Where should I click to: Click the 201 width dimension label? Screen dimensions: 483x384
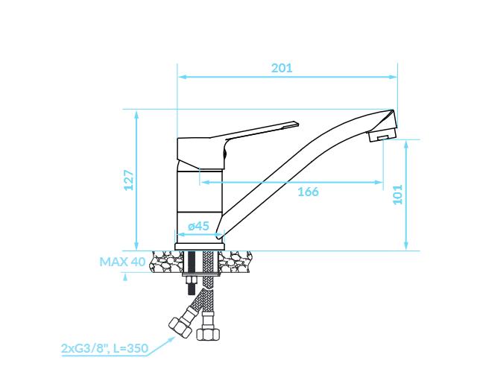[x=282, y=68]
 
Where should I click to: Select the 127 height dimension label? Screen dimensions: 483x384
[x=129, y=180]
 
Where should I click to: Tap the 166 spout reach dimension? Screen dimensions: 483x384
[x=308, y=192]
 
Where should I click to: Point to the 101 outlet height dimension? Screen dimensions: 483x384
[x=398, y=194]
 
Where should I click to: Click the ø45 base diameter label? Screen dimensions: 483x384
[x=199, y=226]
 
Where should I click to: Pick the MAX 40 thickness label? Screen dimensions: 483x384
[x=122, y=262]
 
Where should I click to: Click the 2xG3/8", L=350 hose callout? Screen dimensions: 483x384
[x=105, y=348]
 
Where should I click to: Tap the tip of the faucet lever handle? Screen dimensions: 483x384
[x=297, y=124]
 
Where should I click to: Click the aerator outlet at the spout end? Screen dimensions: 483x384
[x=382, y=136]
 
